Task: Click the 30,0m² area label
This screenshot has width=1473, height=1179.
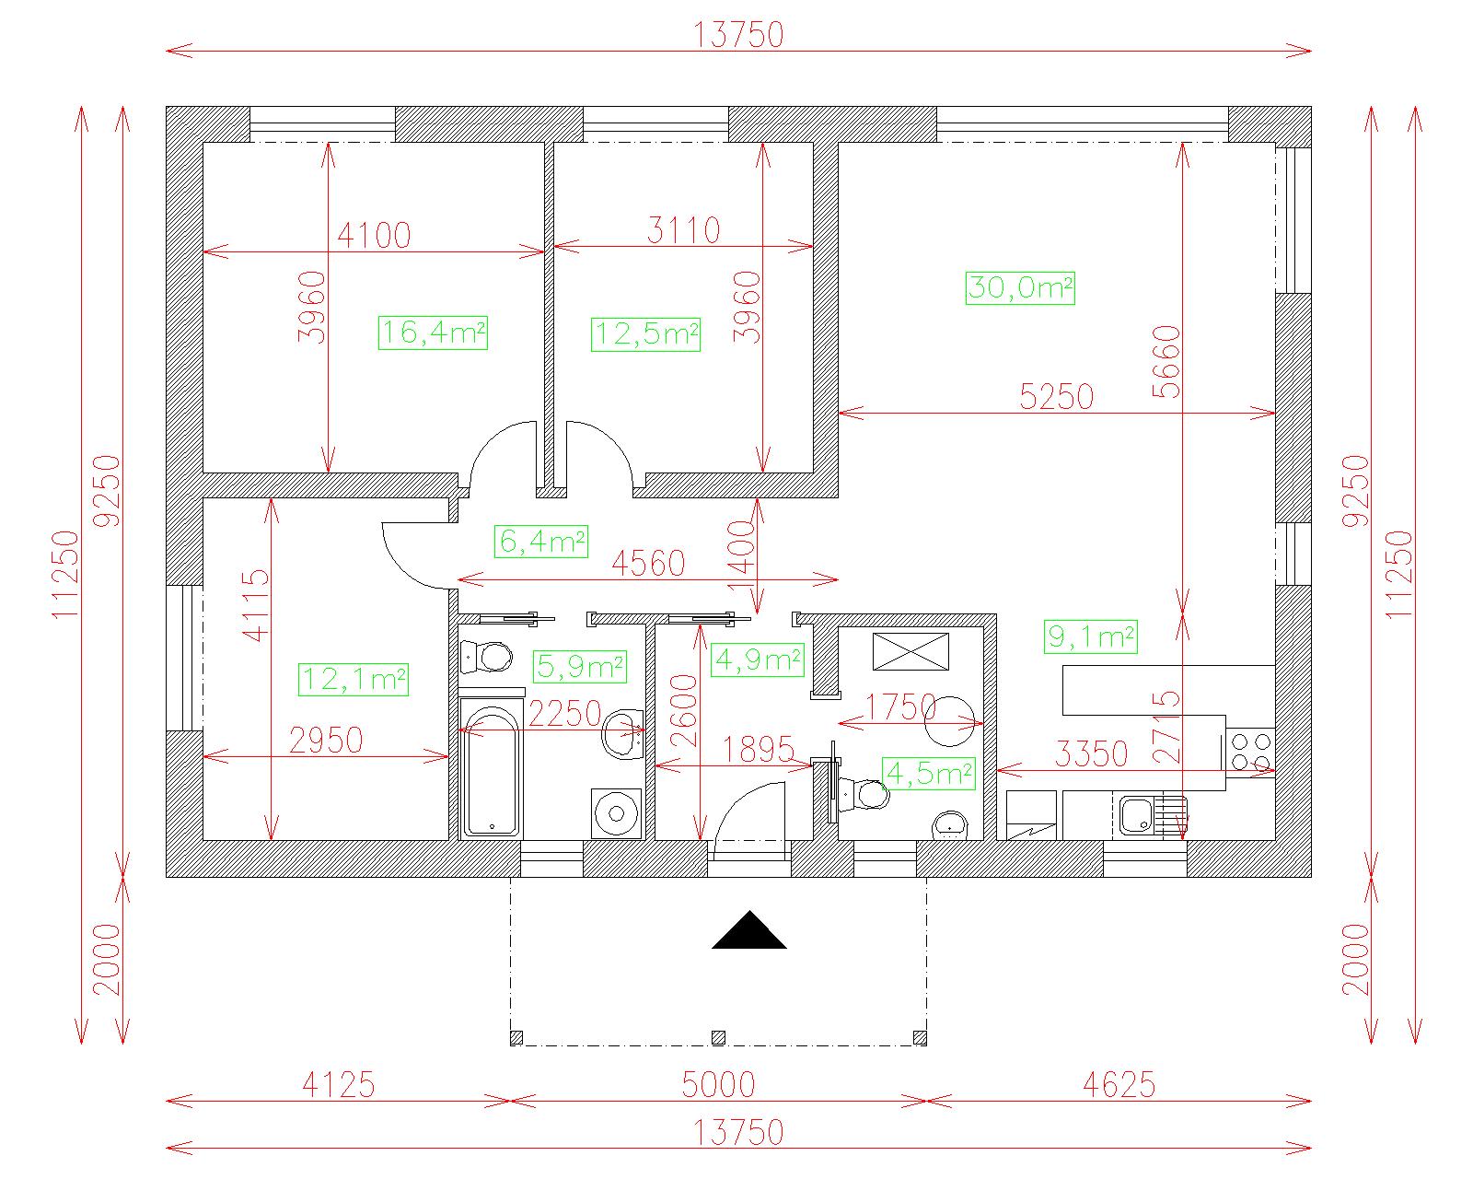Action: [1020, 288]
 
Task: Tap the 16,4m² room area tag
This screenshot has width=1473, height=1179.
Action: [433, 333]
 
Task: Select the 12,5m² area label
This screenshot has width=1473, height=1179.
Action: [645, 334]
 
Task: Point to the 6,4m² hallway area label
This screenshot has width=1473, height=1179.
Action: [540, 542]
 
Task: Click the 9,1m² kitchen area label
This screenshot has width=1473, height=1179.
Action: [1090, 637]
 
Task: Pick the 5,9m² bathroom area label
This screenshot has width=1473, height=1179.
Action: [580, 667]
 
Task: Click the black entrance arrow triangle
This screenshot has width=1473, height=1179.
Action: [749, 929]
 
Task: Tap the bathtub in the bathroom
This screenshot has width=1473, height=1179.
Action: [492, 768]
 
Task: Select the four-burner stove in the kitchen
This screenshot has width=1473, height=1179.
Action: [1250, 752]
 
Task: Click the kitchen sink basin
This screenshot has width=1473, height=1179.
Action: [1136, 815]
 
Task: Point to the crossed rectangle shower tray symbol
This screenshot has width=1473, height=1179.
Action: [910, 651]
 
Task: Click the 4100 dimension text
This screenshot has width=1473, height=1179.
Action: [374, 236]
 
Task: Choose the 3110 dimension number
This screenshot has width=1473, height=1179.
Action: [684, 230]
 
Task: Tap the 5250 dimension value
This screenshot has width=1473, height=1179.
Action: [1056, 397]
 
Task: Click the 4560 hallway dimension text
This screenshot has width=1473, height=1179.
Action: [648, 564]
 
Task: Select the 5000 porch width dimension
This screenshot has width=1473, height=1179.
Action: [718, 1084]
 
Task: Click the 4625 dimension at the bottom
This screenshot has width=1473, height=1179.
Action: [1119, 1084]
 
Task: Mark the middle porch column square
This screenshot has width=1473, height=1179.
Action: [718, 1037]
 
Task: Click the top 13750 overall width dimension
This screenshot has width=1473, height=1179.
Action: [738, 35]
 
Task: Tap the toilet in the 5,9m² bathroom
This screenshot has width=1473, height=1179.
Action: [487, 657]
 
